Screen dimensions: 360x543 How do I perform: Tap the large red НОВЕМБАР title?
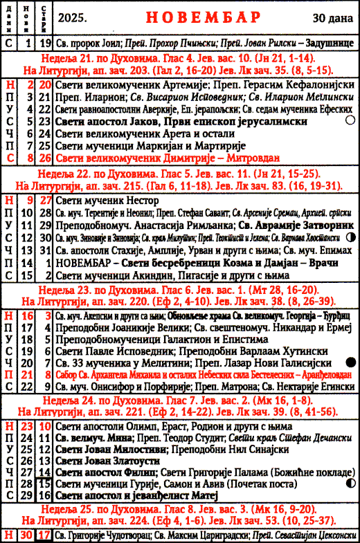coord(197,17)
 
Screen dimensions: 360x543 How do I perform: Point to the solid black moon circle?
coord(350,362)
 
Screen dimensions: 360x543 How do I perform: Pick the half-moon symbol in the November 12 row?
coord(351,237)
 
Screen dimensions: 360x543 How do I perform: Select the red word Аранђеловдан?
coord(321,374)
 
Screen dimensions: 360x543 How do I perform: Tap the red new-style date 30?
coord(27,533)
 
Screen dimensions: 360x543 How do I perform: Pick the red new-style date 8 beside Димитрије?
coord(27,158)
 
